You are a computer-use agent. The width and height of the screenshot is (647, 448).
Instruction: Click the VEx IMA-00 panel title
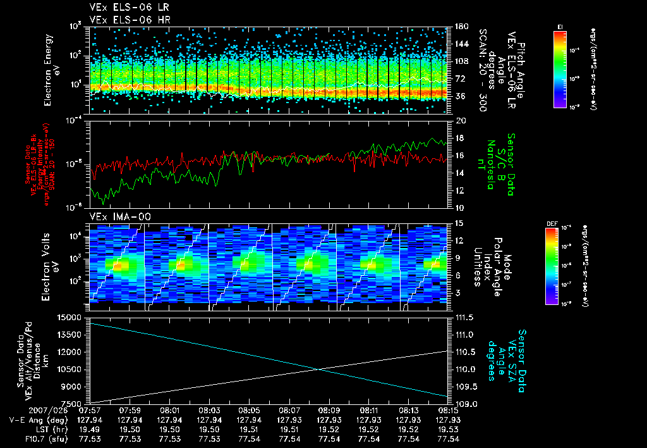pos(117,217)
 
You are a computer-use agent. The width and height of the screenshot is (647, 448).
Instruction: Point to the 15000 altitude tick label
pos(71,316)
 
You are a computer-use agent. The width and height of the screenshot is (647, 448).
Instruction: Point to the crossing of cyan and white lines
pos(320,369)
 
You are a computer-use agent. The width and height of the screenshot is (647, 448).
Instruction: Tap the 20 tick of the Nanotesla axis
pos(460,120)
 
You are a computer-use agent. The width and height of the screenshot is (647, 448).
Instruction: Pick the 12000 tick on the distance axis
pos(71,351)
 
